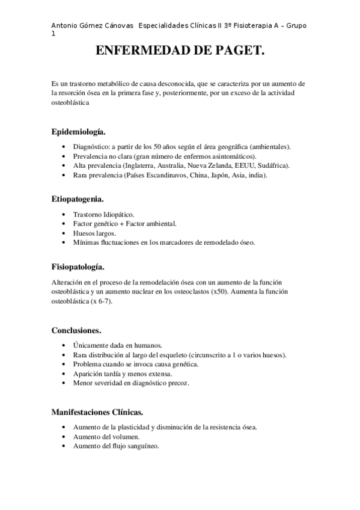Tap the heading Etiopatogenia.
(78, 198)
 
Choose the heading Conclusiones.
(76, 330)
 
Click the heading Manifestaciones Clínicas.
(97, 412)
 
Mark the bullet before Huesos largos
(64, 233)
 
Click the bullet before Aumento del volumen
(64, 437)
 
